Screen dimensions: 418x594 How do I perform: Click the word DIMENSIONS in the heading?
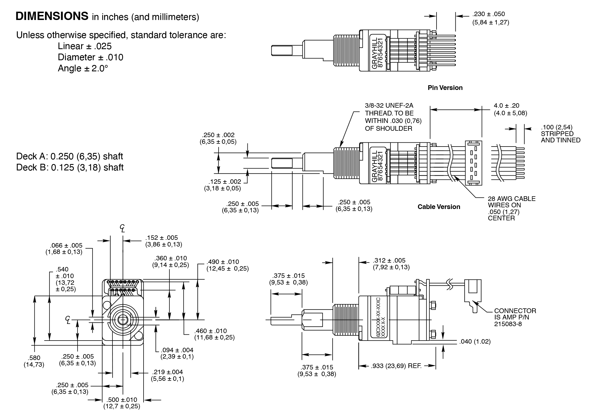coord(52,16)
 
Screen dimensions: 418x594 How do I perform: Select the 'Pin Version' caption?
coord(445,88)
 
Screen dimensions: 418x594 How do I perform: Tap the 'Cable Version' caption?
coord(439,207)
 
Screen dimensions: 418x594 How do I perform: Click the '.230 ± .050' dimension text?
coord(488,14)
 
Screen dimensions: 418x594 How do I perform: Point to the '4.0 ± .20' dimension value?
coord(506,106)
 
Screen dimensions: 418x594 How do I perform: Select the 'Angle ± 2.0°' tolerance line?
coord(83,68)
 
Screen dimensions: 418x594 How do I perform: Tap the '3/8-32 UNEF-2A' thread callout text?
coord(389,106)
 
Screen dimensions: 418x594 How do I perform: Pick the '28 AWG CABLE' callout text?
coord(512,199)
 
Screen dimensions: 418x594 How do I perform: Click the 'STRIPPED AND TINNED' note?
coord(560,137)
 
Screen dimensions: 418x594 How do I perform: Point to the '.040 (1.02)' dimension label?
coord(475,341)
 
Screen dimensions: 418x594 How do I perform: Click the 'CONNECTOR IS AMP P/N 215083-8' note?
coord(515,317)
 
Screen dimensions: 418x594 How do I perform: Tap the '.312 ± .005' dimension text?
coord(389,261)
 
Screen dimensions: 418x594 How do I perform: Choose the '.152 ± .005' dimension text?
coord(161,238)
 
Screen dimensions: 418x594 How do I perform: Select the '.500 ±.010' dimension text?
coord(122,400)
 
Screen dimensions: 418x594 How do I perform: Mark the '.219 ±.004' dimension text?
coord(167,372)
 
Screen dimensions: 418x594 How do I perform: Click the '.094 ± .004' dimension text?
coord(177,350)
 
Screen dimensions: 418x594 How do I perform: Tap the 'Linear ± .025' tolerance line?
coord(85,46)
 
